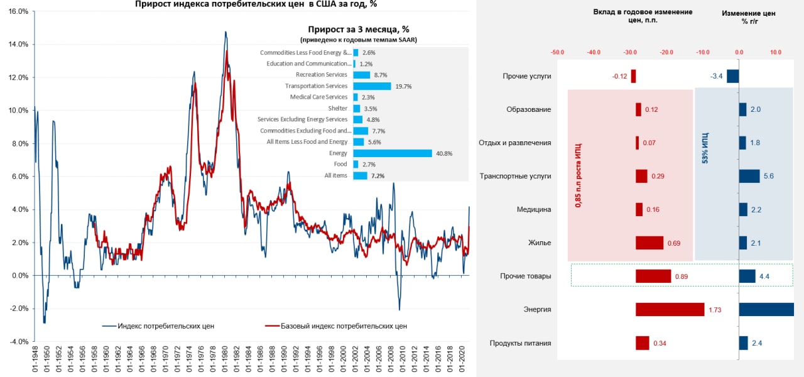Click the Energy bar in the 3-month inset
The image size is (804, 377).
[x=393, y=153]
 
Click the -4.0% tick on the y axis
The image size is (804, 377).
[x=18, y=342]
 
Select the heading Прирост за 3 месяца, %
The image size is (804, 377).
[x=359, y=30]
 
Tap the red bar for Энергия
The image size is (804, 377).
[x=670, y=309]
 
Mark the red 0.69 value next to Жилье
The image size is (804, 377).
[x=674, y=243]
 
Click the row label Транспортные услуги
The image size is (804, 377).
[x=515, y=176]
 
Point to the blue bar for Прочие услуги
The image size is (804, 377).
[x=732, y=76]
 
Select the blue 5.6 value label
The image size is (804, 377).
[x=768, y=177]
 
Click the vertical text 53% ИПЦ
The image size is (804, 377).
[x=705, y=148]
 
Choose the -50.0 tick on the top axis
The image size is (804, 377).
[x=557, y=53]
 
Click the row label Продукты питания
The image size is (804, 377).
[x=520, y=343]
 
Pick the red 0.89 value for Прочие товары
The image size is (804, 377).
[x=681, y=276]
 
